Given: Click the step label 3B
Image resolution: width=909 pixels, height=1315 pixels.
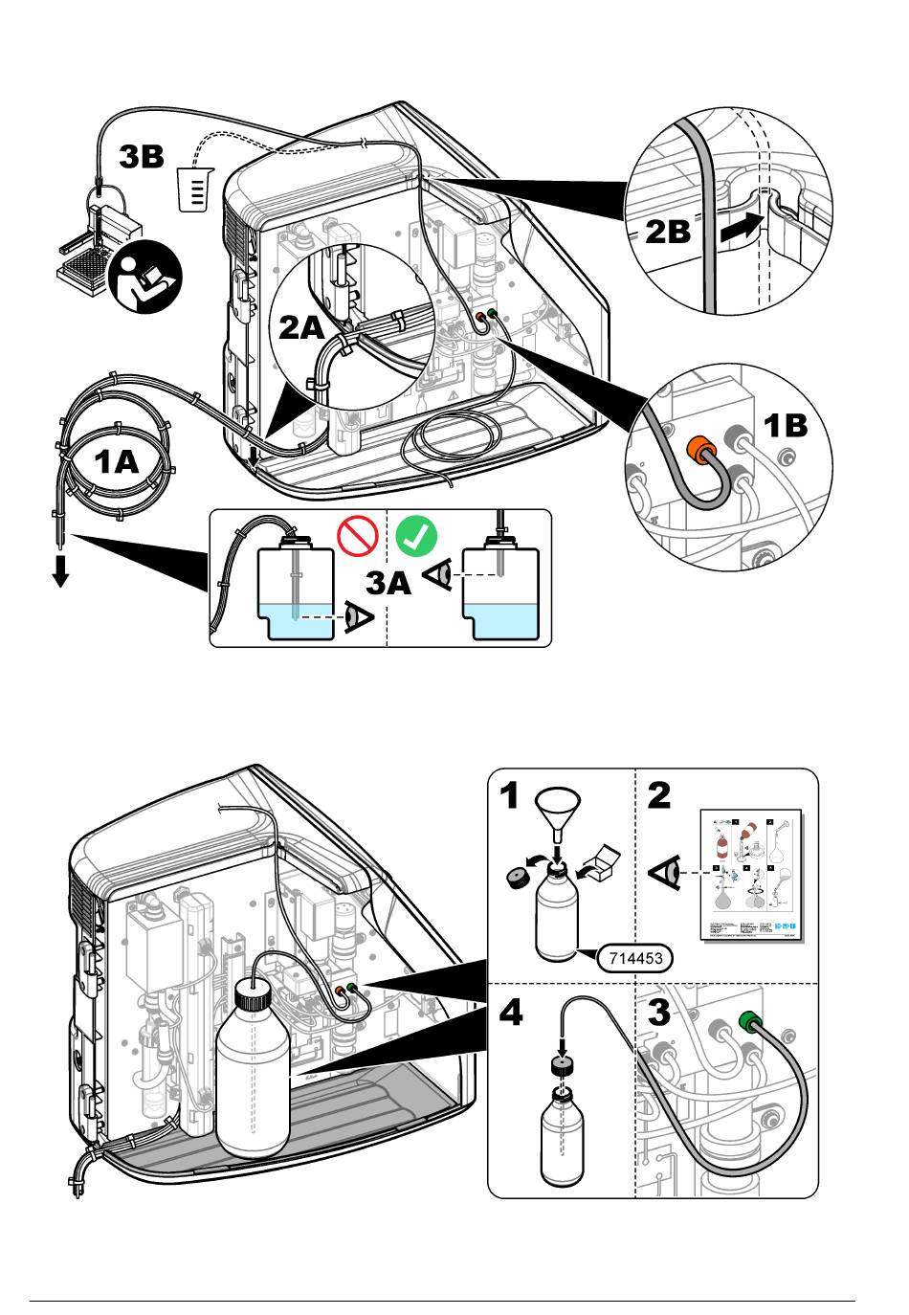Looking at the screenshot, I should tap(142, 156).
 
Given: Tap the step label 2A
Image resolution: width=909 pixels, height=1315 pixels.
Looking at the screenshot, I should tap(302, 328).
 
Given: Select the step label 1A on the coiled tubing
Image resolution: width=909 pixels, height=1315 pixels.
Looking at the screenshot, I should tap(117, 462).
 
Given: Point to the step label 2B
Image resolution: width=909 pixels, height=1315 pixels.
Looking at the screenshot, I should tap(668, 233).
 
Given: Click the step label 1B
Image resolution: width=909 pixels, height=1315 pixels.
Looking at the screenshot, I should tap(786, 425).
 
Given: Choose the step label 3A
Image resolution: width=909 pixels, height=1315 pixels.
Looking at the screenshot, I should tap(390, 583).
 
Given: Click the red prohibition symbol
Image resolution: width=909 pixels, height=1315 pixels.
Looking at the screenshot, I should tap(356, 536).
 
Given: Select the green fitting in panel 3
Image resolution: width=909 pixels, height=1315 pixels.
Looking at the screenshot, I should tap(750, 1025).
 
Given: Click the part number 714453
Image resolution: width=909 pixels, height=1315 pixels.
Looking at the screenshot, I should tap(632, 956).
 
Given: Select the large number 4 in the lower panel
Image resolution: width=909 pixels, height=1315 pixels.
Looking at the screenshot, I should tap(512, 1013).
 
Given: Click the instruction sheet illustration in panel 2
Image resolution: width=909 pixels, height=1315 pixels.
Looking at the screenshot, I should tap(752, 874).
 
